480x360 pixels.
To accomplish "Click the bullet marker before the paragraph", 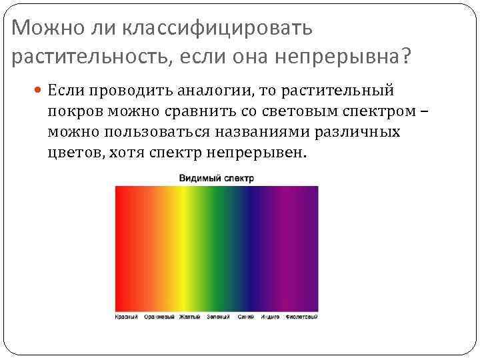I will [x=40, y=89].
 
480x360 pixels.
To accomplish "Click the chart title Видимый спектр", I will [x=216, y=179].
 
